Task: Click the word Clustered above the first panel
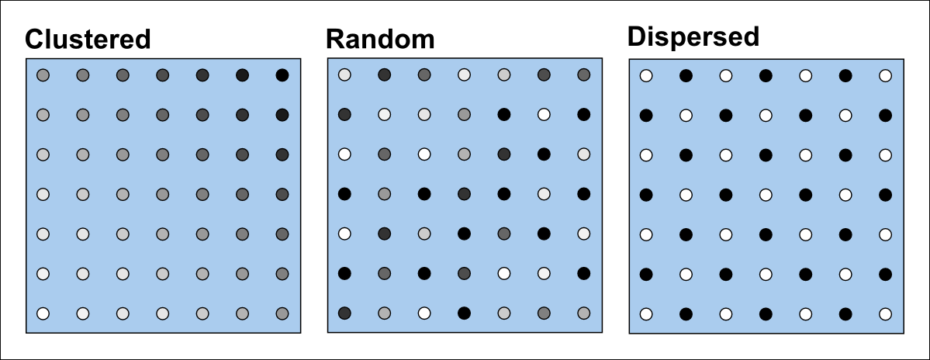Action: (x=88, y=40)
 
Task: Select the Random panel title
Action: (x=380, y=39)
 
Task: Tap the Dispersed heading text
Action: (x=693, y=36)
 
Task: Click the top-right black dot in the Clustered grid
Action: (x=282, y=75)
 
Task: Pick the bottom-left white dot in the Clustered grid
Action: (x=43, y=313)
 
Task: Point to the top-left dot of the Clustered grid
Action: (x=43, y=75)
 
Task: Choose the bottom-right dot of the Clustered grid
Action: (x=282, y=313)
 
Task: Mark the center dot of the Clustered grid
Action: (x=162, y=194)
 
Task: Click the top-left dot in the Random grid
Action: (x=344, y=74)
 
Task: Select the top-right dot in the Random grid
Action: (x=583, y=74)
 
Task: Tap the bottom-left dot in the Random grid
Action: (x=344, y=313)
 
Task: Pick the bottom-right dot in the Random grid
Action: (x=583, y=313)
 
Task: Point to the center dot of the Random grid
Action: (x=464, y=193)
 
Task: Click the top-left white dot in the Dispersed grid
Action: (x=645, y=75)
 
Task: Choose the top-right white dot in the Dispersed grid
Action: (x=885, y=75)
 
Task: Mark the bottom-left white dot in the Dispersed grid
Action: (x=645, y=313)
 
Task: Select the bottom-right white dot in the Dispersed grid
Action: (x=885, y=313)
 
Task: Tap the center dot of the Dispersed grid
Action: (x=765, y=194)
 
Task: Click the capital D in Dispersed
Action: (x=637, y=36)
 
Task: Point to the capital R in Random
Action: (x=335, y=39)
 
